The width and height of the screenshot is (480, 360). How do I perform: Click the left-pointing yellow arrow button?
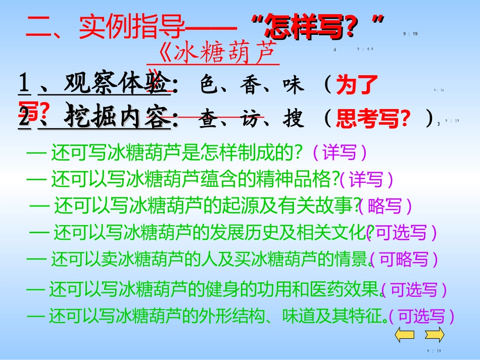tap(404, 334)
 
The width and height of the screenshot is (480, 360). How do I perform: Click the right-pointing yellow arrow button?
tap(434, 334)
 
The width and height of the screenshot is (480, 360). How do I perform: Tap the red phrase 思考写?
tap(372, 119)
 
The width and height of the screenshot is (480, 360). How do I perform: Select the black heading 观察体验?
tap(118, 85)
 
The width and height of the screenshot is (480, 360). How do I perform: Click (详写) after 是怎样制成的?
tap(339, 151)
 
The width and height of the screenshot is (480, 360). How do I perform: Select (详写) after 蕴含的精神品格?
tap(366, 178)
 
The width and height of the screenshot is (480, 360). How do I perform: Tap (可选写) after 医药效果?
tap(414, 289)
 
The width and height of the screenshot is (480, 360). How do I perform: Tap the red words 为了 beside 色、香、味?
tap(357, 86)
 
